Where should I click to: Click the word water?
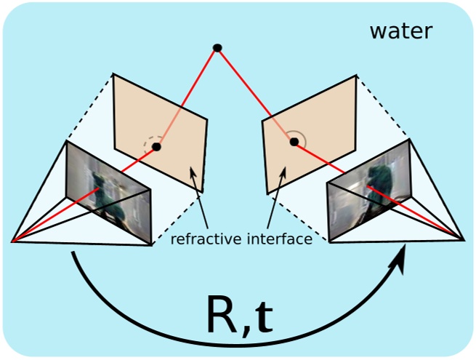tap(401, 31)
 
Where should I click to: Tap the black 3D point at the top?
tap(217, 48)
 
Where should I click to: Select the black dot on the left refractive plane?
tap(156, 147)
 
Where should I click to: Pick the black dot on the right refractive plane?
tap(294, 142)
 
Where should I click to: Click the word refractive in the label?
tap(206, 239)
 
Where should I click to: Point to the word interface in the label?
tap(280, 239)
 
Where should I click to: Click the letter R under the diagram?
tap(225, 314)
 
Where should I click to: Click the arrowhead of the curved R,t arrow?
tap(398, 260)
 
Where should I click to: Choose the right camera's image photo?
tap(370, 190)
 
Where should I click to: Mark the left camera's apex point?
tap(12, 242)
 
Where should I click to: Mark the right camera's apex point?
tap(464, 240)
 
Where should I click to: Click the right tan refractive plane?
tap(309, 135)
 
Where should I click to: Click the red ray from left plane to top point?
tap(187, 97)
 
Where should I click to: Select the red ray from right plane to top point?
tap(256, 95)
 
